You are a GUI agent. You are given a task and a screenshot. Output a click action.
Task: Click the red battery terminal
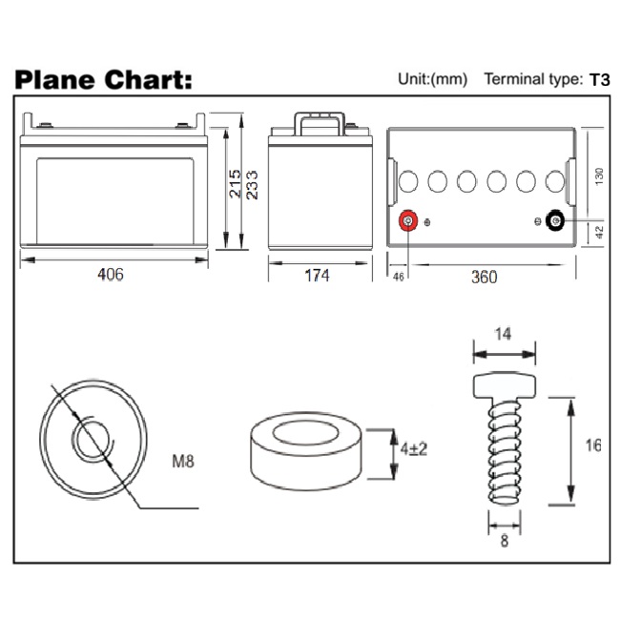click(408, 220)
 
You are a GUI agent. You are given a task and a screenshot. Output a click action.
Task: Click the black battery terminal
click(555, 220)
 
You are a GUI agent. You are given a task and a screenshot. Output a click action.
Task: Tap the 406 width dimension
click(111, 274)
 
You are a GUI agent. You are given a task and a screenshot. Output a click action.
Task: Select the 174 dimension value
click(317, 276)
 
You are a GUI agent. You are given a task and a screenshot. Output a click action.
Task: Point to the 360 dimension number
click(485, 277)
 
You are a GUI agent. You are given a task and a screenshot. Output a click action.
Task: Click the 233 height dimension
click(252, 185)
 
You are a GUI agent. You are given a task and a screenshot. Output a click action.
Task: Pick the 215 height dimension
click(235, 184)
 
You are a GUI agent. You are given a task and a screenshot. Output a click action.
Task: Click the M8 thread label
click(183, 461)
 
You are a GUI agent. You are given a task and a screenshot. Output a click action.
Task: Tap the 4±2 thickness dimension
click(414, 449)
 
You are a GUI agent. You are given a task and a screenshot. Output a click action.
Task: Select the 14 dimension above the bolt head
click(503, 334)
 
